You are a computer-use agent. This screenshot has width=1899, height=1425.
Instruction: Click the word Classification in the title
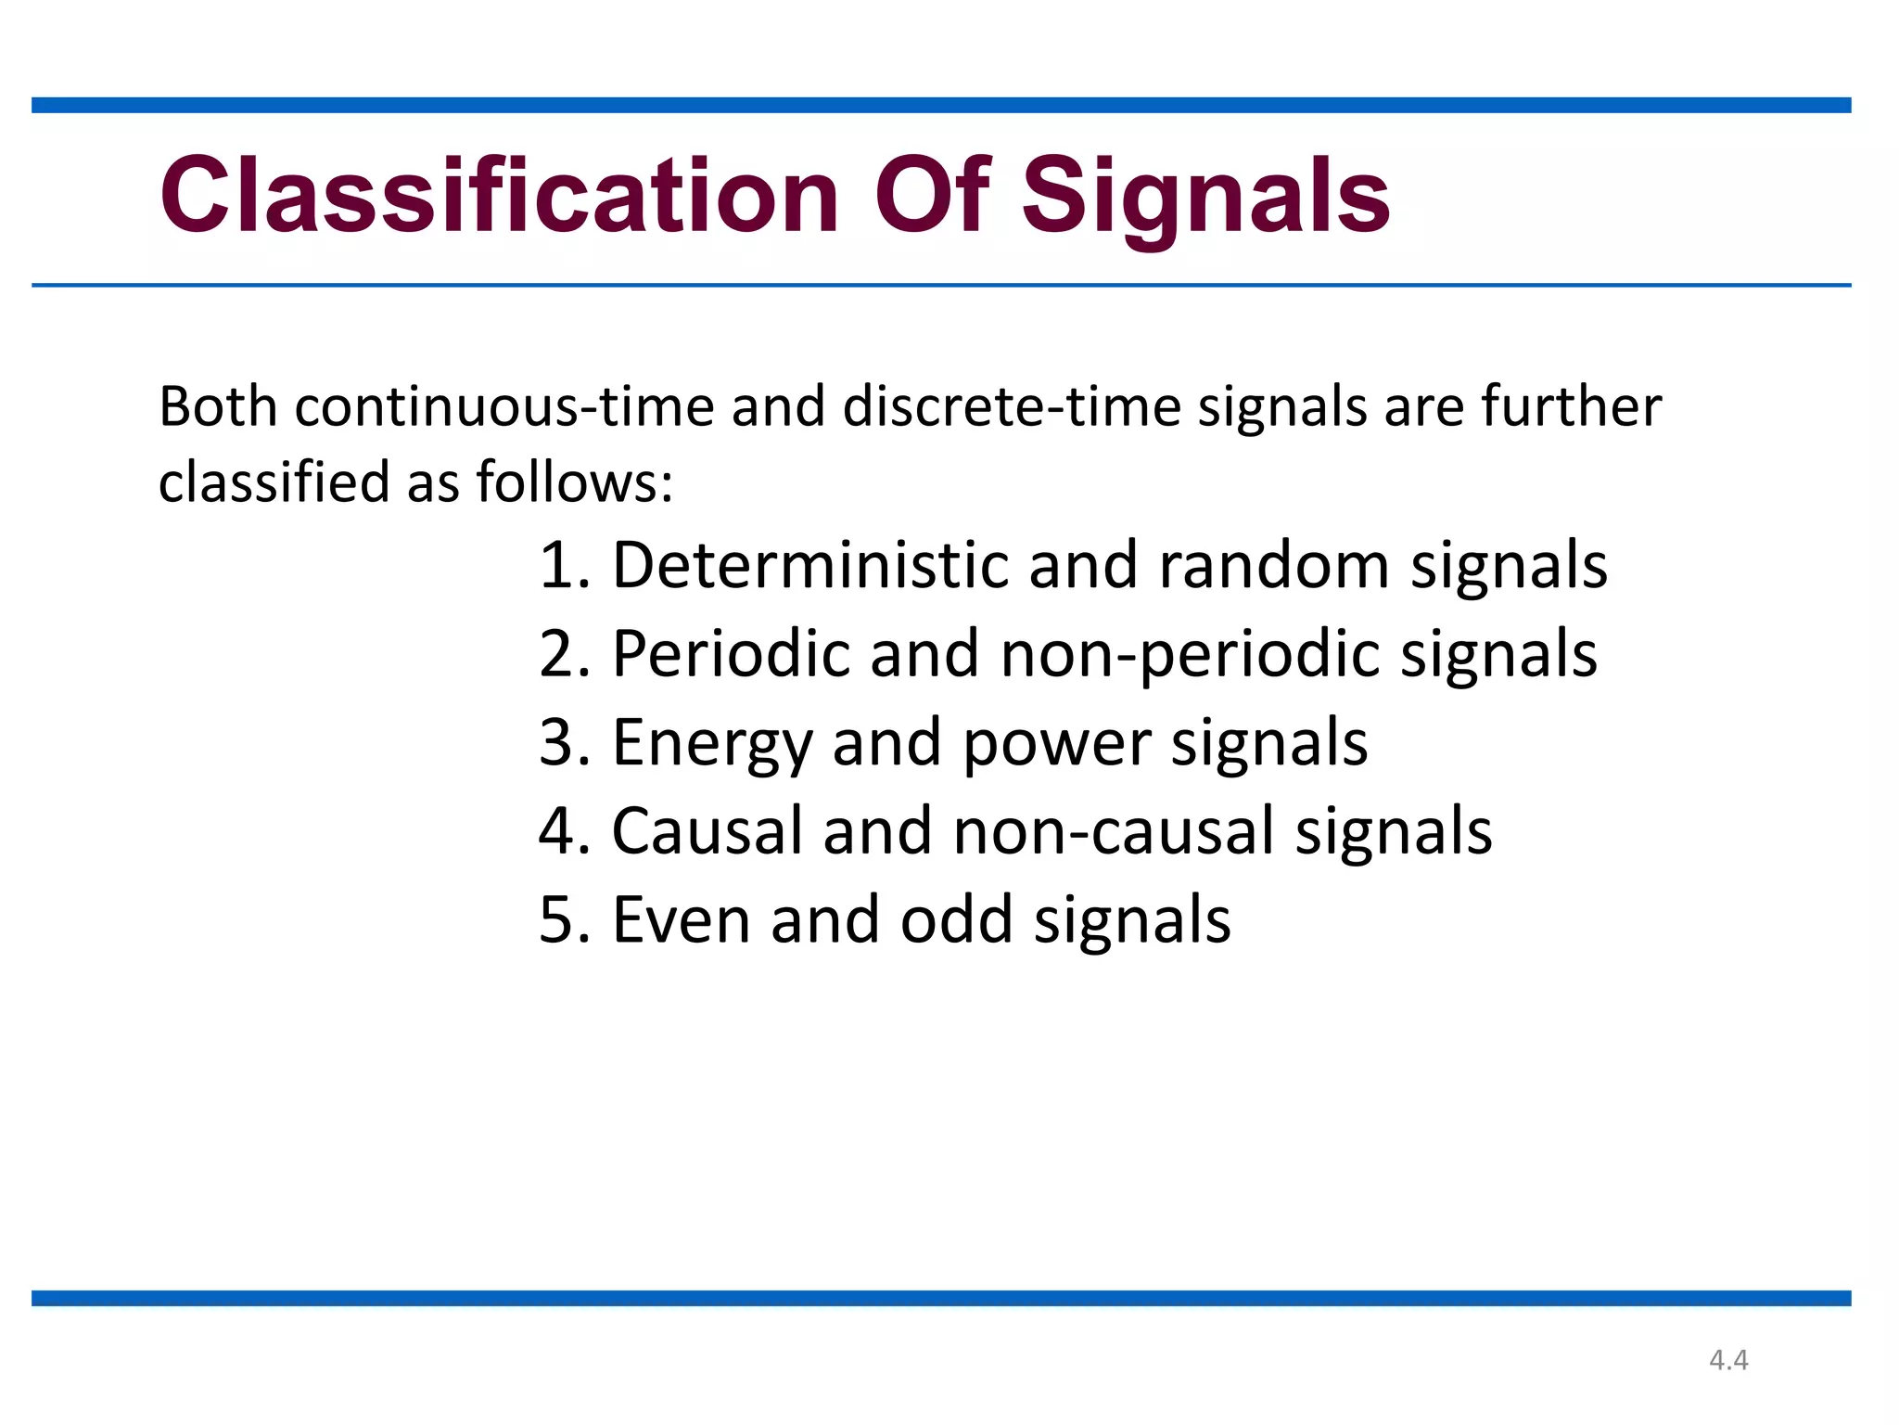[499, 197]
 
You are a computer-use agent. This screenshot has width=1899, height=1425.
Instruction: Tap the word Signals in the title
[1205, 197]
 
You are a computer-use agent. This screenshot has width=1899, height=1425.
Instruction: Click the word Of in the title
[933, 197]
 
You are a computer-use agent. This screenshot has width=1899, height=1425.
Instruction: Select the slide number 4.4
[1728, 1360]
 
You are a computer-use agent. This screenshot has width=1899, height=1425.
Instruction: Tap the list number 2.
[562, 654]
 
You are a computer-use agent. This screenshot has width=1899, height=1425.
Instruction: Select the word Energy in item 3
[711, 744]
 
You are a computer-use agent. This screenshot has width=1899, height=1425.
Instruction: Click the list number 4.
[562, 831]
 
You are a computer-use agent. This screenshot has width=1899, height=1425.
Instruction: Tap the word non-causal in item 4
[1114, 831]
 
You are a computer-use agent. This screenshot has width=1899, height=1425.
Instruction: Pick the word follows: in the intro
[575, 482]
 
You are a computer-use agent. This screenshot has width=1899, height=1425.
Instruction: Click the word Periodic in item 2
[730, 654]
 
